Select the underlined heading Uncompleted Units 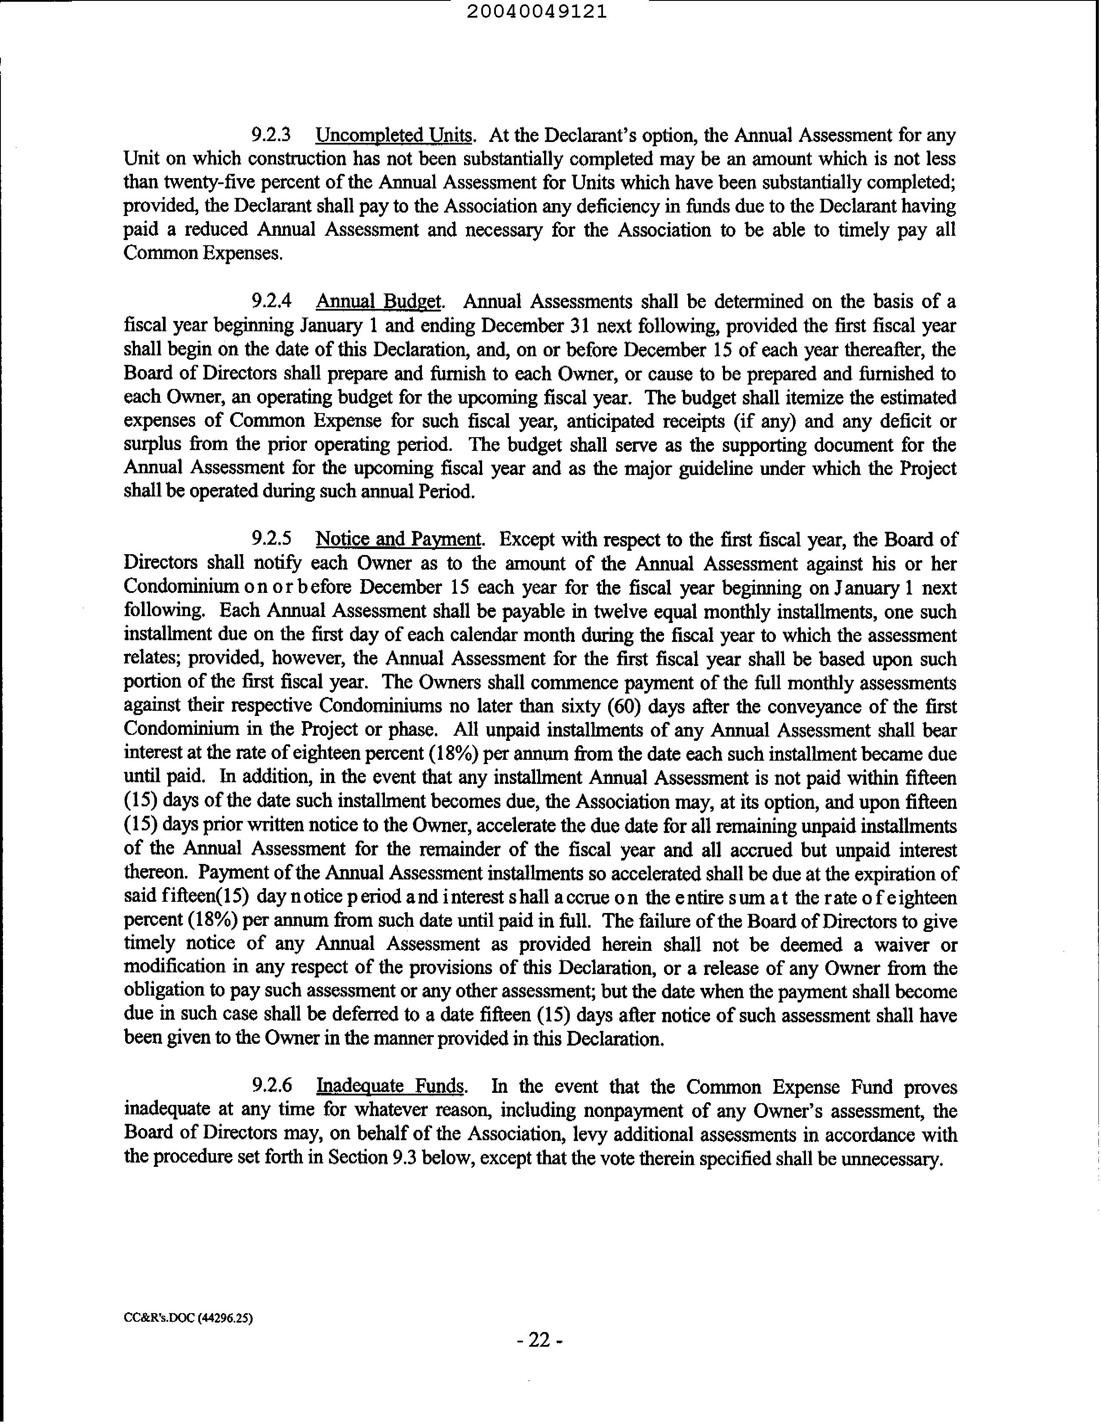394,136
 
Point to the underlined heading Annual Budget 379,302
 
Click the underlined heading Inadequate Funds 391,1086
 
